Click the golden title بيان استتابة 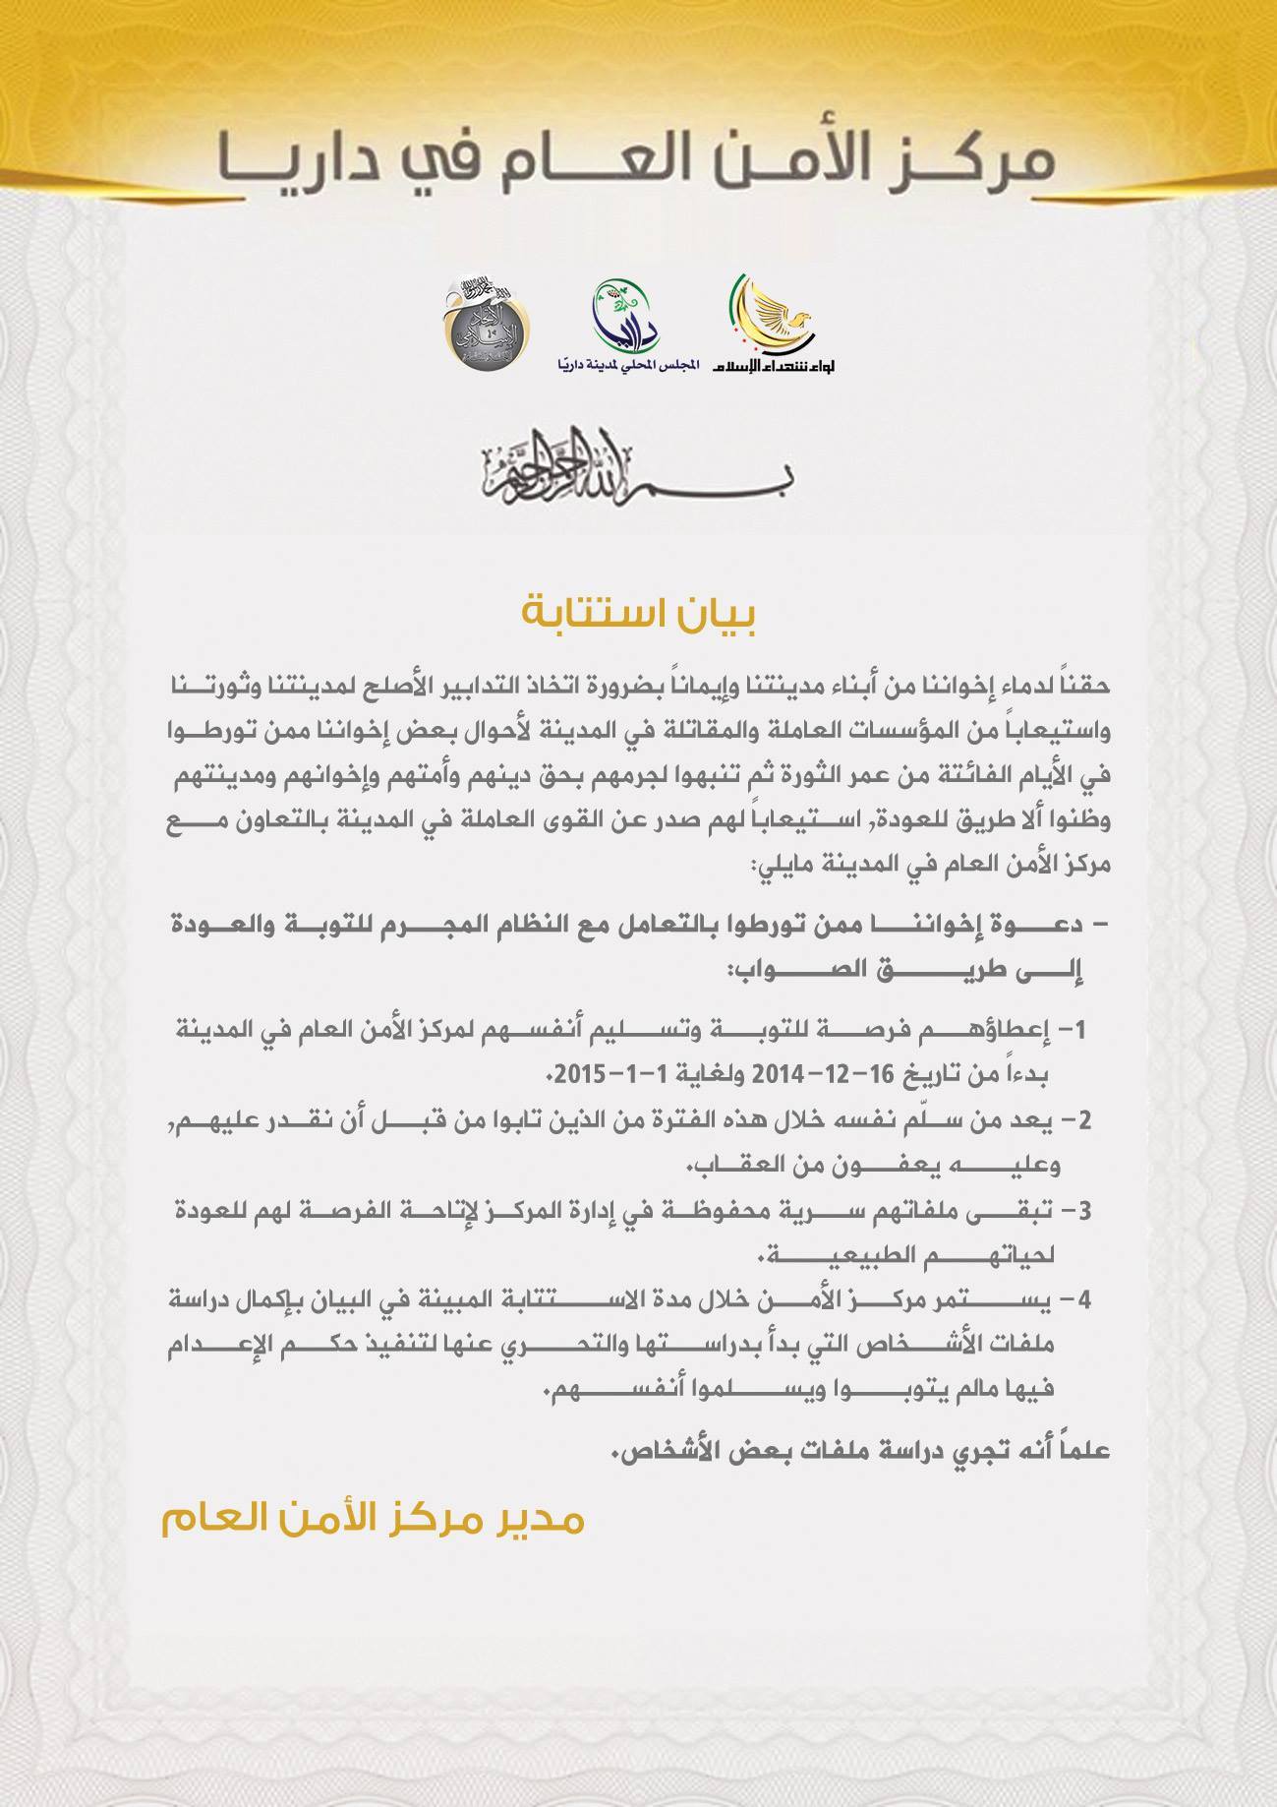click(x=639, y=615)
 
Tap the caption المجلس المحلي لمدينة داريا click(x=625, y=365)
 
